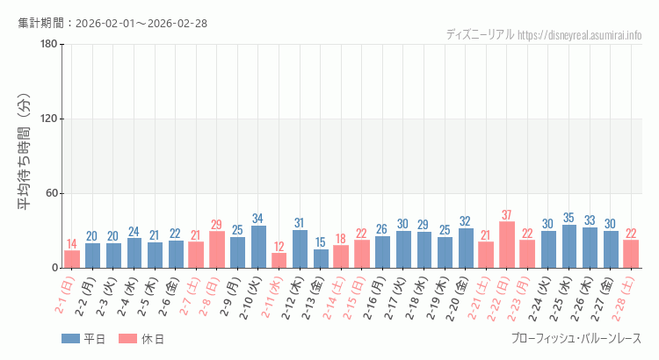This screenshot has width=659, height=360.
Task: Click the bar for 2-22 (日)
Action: (507, 245)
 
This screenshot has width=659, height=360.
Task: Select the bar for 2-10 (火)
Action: (258, 247)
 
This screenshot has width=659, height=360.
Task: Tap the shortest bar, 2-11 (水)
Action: (279, 260)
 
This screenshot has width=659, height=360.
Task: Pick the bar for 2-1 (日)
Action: (72, 259)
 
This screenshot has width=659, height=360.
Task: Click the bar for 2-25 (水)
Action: (569, 246)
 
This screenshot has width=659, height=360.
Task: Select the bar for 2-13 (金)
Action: (321, 258)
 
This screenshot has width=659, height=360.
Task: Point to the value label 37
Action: (507, 215)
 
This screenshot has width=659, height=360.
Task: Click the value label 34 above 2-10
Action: (258, 219)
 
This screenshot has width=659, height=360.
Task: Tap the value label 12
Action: (279, 247)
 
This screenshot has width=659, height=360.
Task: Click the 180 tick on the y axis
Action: (48, 45)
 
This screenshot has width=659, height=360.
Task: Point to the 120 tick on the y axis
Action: (48, 119)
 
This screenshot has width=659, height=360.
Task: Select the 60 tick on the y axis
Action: (51, 193)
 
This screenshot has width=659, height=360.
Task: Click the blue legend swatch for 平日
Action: (70, 339)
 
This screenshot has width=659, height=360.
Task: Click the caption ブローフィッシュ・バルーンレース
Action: (576, 339)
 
